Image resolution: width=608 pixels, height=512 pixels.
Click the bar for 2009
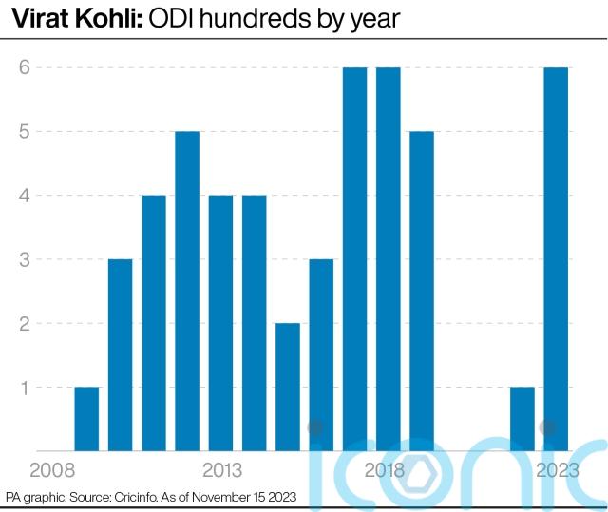point(86,418)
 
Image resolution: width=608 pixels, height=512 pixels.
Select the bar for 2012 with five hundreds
point(187,290)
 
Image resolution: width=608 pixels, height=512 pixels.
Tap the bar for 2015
point(288,387)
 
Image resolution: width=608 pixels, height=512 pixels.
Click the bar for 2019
point(422,290)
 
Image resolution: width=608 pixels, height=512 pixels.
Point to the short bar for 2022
point(522,418)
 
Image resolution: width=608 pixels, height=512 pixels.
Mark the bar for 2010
point(121,354)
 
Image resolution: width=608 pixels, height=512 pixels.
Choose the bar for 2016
point(321,354)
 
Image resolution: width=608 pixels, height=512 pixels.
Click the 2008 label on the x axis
point(53,470)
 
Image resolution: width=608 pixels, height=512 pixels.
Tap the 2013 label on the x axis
point(221,470)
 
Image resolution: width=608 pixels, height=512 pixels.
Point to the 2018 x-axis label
point(385,470)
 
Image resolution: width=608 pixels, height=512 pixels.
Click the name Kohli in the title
point(111,18)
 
